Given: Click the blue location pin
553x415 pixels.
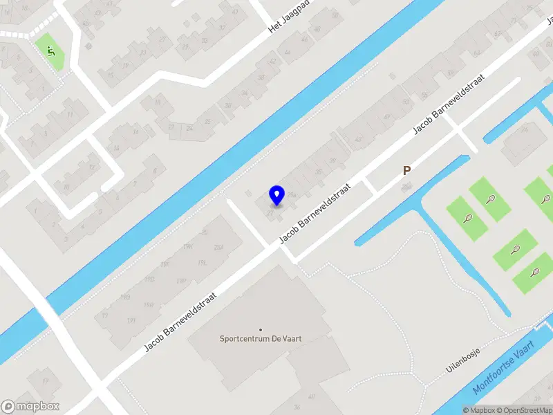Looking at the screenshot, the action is tap(276, 196).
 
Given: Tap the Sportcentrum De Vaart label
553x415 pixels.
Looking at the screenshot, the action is tap(261, 339).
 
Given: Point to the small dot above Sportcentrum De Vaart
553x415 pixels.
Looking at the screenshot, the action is tap(261, 329).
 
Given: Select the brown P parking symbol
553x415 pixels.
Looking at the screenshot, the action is tap(407, 170).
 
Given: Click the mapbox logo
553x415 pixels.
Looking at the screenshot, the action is tap(30, 407).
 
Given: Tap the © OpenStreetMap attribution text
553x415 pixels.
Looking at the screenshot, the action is tap(525, 410).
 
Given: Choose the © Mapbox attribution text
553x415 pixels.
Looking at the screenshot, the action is tap(480, 410).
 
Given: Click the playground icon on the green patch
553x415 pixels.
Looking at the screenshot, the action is tap(50, 50).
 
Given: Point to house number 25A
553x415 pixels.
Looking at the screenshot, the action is tap(219, 248).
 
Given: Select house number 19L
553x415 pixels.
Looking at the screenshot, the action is tap(203, 264).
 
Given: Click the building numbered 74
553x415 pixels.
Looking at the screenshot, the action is tap(525, 129).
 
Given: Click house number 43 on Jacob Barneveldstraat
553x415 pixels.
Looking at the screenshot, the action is tap(358, 140).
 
